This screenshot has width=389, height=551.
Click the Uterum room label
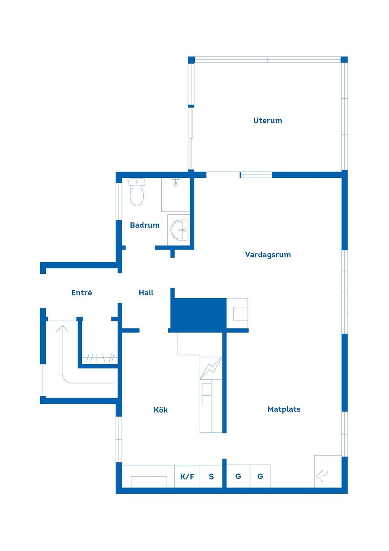point(267,121)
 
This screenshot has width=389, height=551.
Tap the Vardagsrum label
point(268,254)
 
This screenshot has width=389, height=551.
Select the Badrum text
point(145,225)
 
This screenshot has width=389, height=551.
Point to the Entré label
point(81,293)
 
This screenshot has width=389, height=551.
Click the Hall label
point(146,293)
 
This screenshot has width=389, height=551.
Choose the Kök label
point(160,409)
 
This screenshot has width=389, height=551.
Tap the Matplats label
point(284,409)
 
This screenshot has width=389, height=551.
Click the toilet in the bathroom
point(137,192)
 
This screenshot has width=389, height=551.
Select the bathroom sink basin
point(179,230)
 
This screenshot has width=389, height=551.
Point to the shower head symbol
point(175,182)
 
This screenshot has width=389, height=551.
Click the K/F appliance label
point(187,477)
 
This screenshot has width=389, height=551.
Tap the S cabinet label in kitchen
point(211,476)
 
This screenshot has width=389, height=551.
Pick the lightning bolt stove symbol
point(211,368)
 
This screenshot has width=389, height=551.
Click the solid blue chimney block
point(199,314)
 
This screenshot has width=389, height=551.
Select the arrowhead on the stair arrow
point(62,328)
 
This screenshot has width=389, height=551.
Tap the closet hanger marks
point(100,357)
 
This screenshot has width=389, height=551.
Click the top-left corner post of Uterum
point(191,60)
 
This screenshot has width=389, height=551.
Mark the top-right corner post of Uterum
point(344,60)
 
